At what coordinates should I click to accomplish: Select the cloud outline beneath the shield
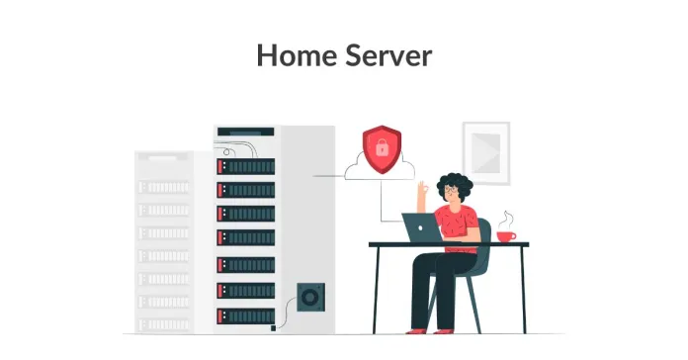pyautogui.click(x=380, y=170)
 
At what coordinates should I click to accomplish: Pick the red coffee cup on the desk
pyautogui.click(x=506, y=235)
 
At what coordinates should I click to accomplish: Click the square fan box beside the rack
pyautogui.click(x=309, y=298)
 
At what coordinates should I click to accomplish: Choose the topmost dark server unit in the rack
pyautogui.click(x=246, y=165)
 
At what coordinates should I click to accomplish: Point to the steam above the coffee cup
pyautogui.click(x=507, y=218)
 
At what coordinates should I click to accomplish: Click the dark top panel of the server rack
pyautogui.click(x=244, y=131)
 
